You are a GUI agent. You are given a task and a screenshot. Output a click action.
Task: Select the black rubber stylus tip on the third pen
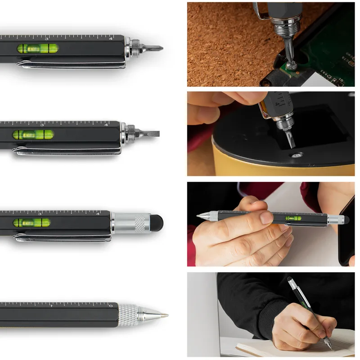pos(156,220)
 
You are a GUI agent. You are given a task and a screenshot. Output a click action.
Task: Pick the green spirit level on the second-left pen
pos(33,134)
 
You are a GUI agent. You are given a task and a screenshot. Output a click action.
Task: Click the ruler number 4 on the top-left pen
pos(111,39)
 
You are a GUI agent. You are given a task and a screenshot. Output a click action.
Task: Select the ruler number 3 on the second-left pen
pos(41,125)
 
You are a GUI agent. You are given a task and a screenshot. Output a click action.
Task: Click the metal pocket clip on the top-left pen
pos(72,64)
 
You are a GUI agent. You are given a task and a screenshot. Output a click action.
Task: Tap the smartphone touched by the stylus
pos(346,229)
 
